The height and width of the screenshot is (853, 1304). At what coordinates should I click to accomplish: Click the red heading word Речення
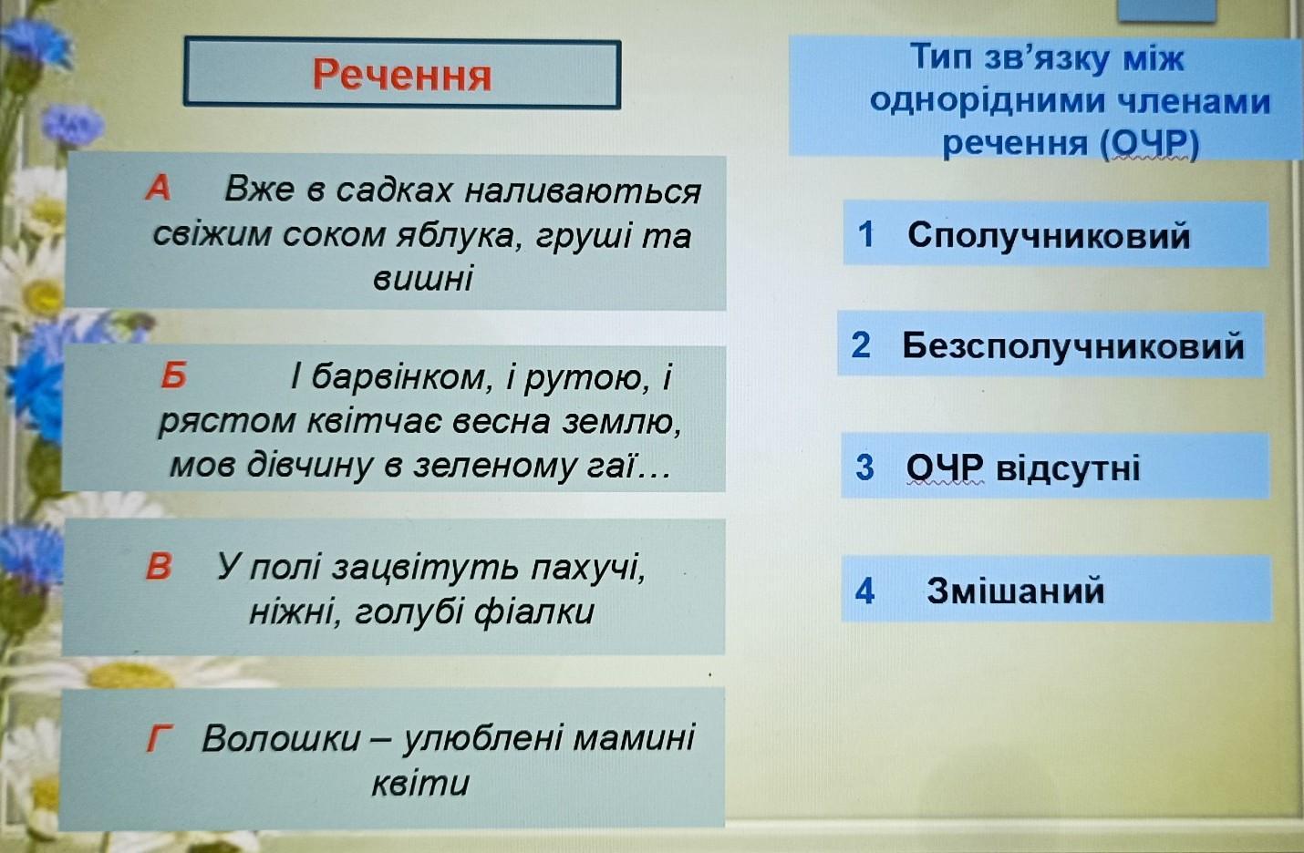click(x=402, y=75)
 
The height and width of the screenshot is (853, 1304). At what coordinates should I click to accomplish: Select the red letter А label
click(x=158, y=188)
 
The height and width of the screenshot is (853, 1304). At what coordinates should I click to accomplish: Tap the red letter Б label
click(x=174, y=375)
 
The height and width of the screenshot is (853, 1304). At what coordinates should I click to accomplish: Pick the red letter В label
click(x=159, y=566)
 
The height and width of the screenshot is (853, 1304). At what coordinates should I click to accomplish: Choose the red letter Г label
click(x=160, y=738)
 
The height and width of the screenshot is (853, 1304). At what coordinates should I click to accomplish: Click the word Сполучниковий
click(x=1049, y=235)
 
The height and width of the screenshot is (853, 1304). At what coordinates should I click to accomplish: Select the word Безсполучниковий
click(x=1073, y=345)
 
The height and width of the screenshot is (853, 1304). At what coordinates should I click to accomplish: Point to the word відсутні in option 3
click(x=1068, y=468)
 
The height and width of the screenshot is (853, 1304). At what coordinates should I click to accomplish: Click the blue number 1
click(x=866, y=234)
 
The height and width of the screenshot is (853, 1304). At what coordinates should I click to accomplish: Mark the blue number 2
click(x=861, y=344)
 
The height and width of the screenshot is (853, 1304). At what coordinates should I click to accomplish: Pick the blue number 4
click(x=864, y=591)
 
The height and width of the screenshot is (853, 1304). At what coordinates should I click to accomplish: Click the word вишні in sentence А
click(x=422, y=279)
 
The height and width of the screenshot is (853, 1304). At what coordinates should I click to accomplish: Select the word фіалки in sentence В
click(x=533, y=612)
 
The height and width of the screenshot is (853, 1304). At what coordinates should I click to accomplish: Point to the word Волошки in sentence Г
click(x=281, y=739)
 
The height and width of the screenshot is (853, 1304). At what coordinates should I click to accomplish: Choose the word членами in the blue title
click(x=1194, y=101)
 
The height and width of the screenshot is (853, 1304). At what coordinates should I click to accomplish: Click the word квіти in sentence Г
click(x=420, y=783)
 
